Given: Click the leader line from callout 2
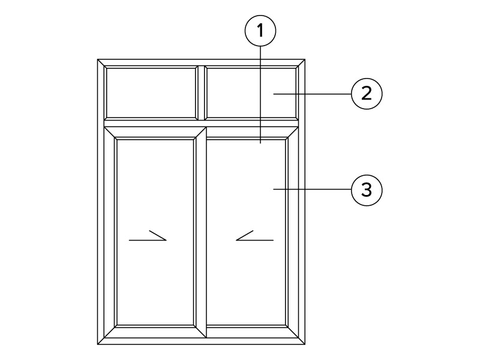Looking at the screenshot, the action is pyautogui.click(x=312, y=94).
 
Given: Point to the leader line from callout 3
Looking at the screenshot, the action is pyautogui.click(x=312, y=190).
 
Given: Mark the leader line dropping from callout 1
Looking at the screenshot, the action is pyautogui.click(x=260, y=95).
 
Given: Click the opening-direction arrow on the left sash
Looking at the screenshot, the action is pyautogui.click(x=148, y=236).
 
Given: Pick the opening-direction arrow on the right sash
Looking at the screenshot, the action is pyautogui.click(x=254, y=236).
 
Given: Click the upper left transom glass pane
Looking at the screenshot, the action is pyautogui.click(x=151, y=93).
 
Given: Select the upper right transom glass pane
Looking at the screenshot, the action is pyautogui.click(x=251, y=93).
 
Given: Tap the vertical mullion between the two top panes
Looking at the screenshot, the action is pyautogui.click(x=201, y=93).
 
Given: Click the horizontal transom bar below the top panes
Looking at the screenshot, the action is pyautogui.click(x=201, y=124).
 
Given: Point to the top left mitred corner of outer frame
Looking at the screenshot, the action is pyautogui.click(x=101, y=63).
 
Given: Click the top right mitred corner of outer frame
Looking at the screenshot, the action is pyautogui.click(x=301, y=63).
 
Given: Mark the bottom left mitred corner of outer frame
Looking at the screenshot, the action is pyautogui.click(x=101, y=341).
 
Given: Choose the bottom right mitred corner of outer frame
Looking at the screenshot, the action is pyautogui.click(x=301, y=341).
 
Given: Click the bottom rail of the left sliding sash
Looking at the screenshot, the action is pyautogui.click(x=155, y=332).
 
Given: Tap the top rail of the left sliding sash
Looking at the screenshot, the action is pyautogui.click(x=155, y=133).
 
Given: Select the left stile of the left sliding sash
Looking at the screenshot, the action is pyautogui.click(x=110, y=233).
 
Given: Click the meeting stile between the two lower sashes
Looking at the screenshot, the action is pyautogui.click(x=200, y=233).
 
